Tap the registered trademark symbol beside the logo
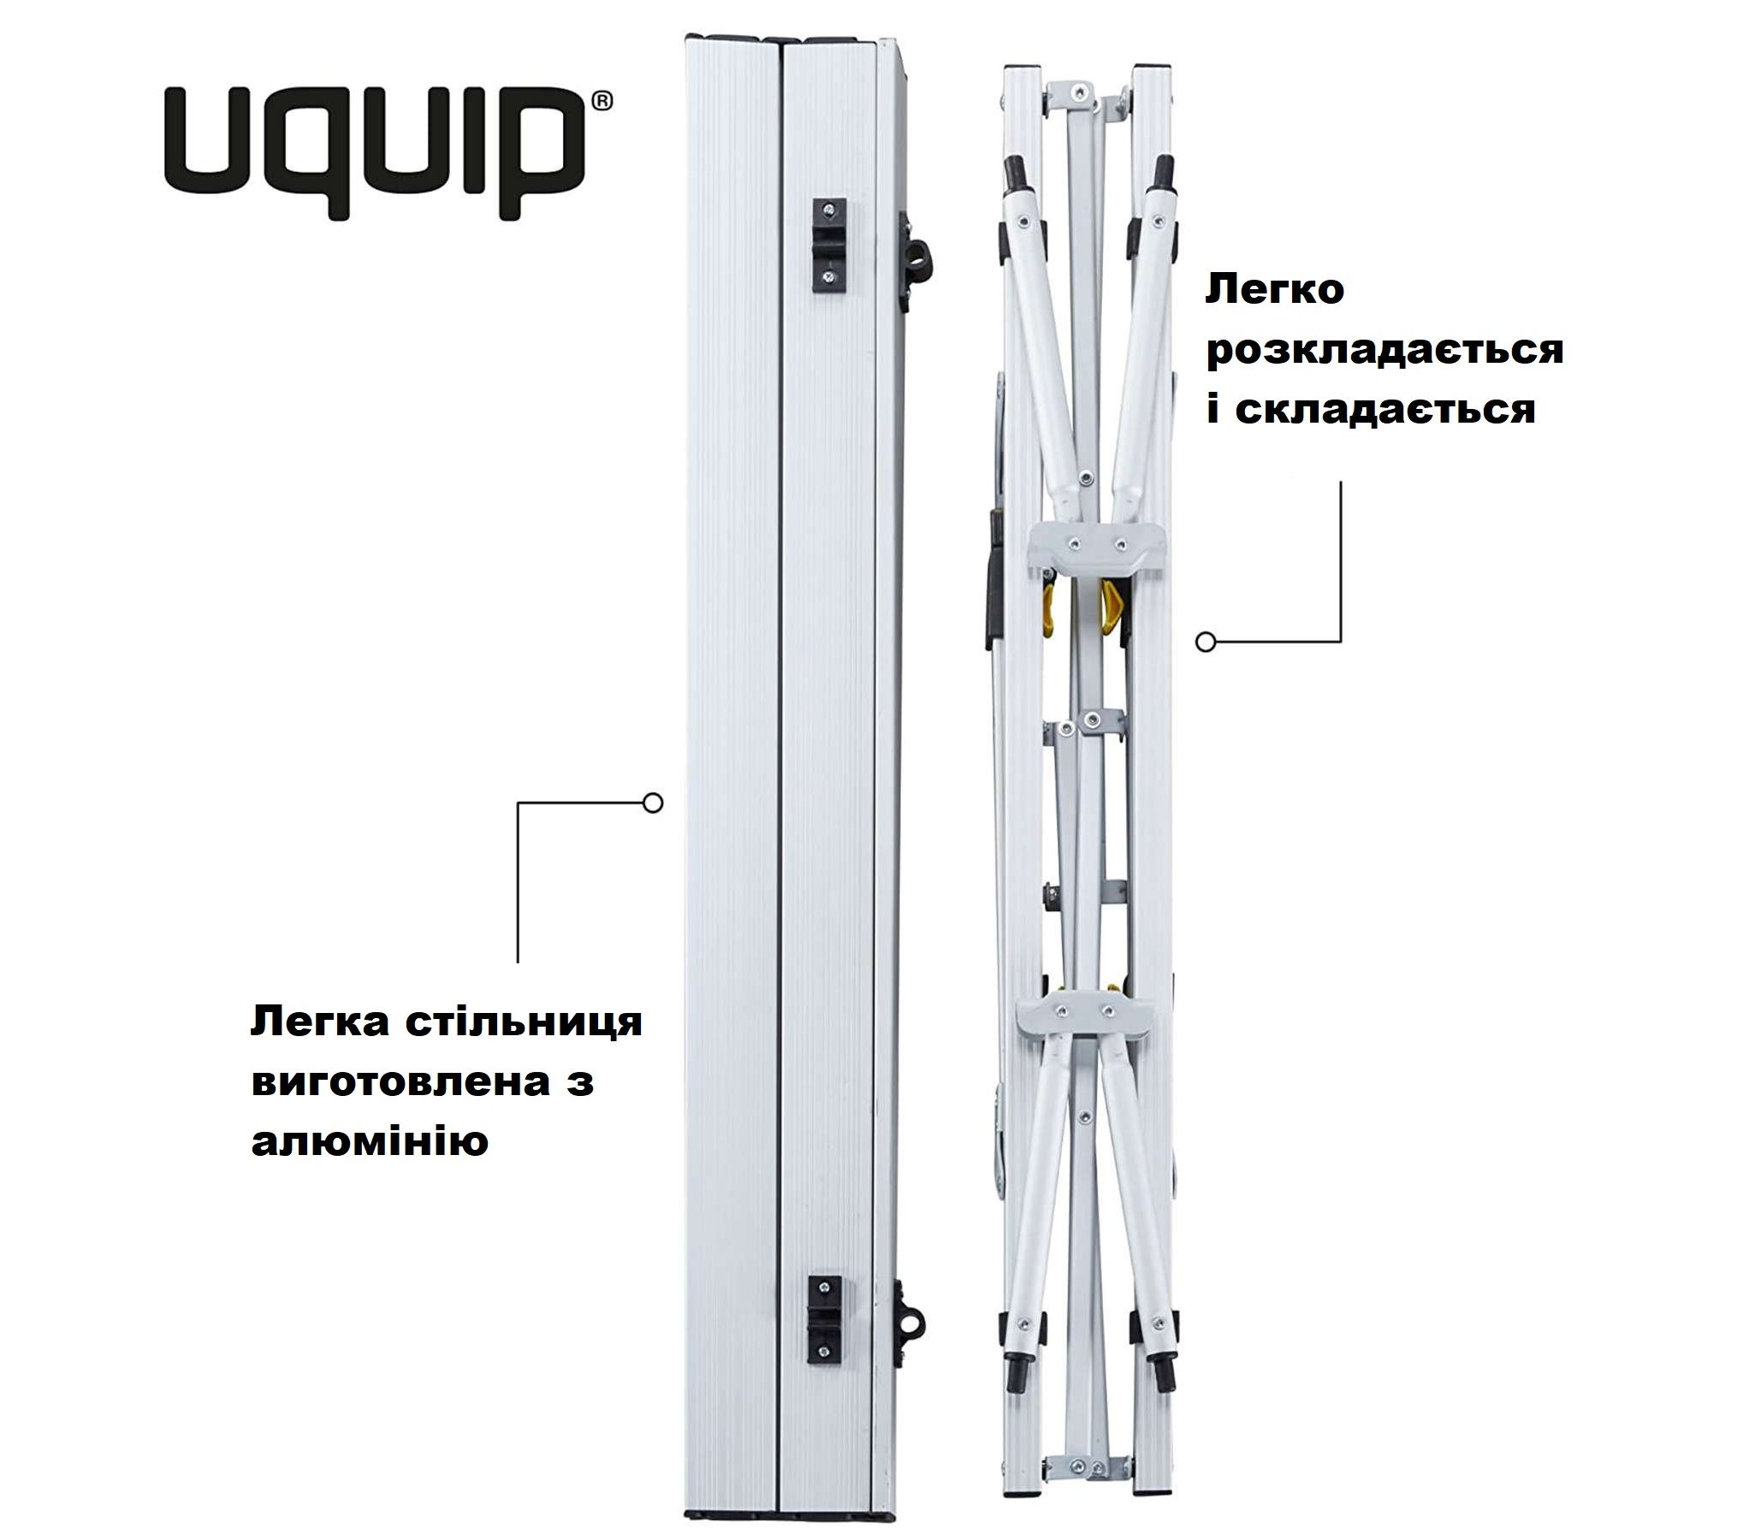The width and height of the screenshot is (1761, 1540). (602, 101)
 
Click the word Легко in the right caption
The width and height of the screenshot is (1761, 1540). (1275, 291)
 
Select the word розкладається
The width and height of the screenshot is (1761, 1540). (1384, 351)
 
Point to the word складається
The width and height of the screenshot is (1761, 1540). (1384, 410)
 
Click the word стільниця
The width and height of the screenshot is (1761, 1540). (524, 1022)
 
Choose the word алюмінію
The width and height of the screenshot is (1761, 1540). (370, 1142)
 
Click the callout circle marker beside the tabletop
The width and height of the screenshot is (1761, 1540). (653, 803)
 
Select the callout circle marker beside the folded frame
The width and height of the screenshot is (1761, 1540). (1206, 642)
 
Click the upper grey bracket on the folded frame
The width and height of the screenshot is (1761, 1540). (1098, 548)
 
